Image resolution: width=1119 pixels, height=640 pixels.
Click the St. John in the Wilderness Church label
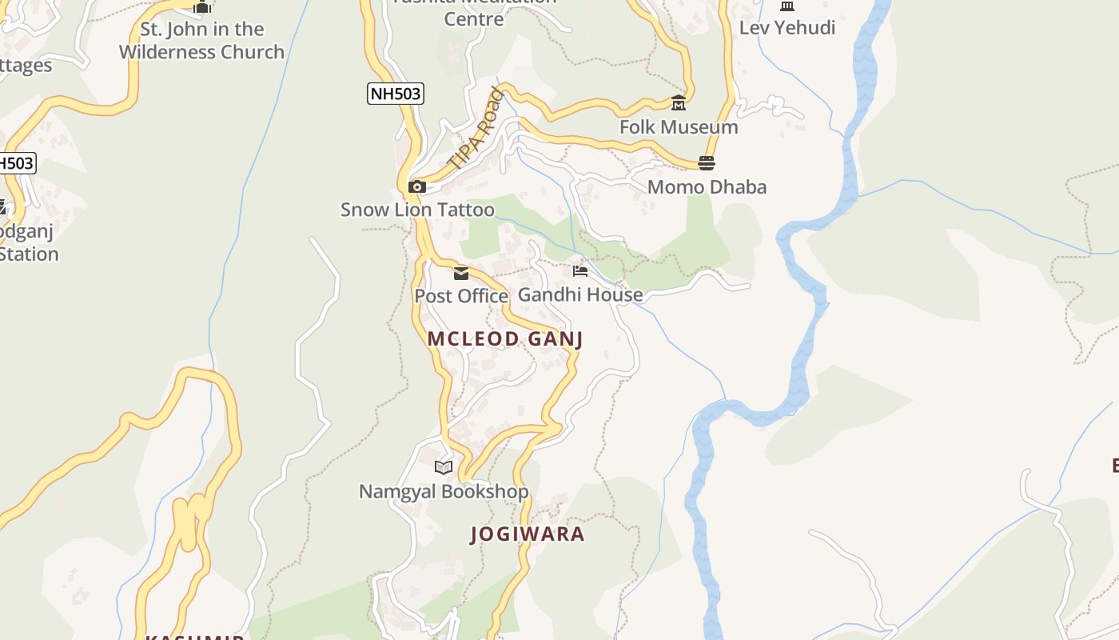tap(201, 41)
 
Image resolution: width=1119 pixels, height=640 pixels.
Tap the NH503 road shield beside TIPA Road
tap(395, 94)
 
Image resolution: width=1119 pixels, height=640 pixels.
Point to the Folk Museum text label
tap(679, 127)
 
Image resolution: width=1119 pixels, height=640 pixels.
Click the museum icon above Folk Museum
tap(679, 103)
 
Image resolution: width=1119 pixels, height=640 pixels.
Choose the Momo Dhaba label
tap(707, 187)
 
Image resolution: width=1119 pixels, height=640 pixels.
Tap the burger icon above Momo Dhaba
tap(707, 163)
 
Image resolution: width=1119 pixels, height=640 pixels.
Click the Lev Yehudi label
tap(786, 28)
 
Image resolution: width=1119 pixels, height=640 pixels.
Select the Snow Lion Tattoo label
tap(417, 210)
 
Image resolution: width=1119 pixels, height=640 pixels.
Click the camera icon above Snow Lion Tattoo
tap(416, 187)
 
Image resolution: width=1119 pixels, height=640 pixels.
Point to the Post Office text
tap(461, 296)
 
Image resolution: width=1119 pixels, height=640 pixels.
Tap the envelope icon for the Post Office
tap(461, 274)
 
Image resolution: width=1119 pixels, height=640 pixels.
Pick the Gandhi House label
tap(580, 294)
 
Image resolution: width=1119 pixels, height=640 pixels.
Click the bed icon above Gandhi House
tap(580, 271)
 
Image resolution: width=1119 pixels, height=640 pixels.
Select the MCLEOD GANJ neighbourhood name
tap(505, 339)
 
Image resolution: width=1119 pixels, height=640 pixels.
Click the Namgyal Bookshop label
tap(444, 491)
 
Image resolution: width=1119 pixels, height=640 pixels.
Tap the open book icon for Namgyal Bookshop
tap(444, 467)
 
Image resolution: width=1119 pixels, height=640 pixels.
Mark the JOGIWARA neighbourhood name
tap(528, 534)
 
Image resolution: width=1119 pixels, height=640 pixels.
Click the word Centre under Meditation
tap(474, 18)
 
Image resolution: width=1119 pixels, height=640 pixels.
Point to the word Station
tap(29, 254)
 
